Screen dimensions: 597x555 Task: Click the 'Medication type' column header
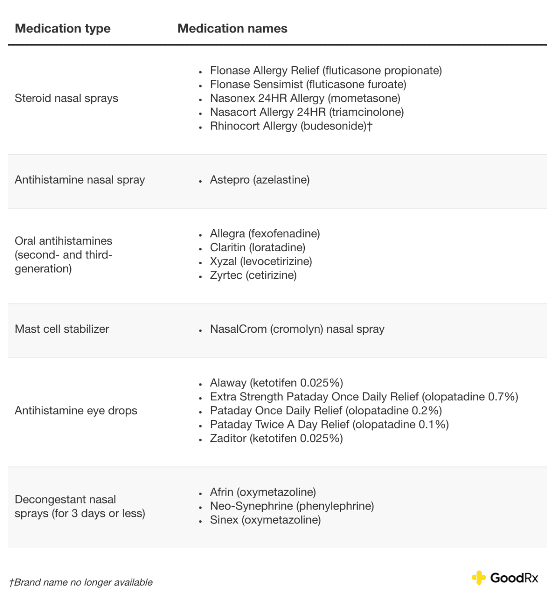pos(62,29)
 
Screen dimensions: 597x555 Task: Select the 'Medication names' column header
pos(232,29)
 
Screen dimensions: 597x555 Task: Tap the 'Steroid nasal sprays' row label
pos(66,98)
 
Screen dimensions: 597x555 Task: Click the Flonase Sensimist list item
pos(308,84)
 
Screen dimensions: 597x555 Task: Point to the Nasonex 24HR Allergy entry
pos(305,98)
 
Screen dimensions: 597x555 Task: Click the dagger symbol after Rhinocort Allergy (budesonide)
pos(369,126)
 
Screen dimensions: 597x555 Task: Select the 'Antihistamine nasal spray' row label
pos(80,180)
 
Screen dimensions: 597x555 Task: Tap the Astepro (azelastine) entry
pos(260,180)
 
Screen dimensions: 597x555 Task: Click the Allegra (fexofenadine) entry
pos(264,234)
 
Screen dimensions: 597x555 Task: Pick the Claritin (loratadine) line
pos(258,247)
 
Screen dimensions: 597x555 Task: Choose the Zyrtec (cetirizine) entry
pos(253,275)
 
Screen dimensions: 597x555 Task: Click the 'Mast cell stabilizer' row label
pos(62,329)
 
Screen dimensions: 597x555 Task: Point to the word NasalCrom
pos(238,329)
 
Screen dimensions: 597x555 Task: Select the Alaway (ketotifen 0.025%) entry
pos(276,383)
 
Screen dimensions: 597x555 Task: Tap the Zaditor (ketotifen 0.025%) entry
pos(276,438)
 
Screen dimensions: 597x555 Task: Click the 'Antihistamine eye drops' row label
pos(76,410)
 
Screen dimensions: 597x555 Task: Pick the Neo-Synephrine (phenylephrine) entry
pos(292,506)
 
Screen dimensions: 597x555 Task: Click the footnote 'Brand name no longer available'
pos(83,582)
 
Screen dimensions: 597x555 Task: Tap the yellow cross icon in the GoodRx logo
pos(479,578)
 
